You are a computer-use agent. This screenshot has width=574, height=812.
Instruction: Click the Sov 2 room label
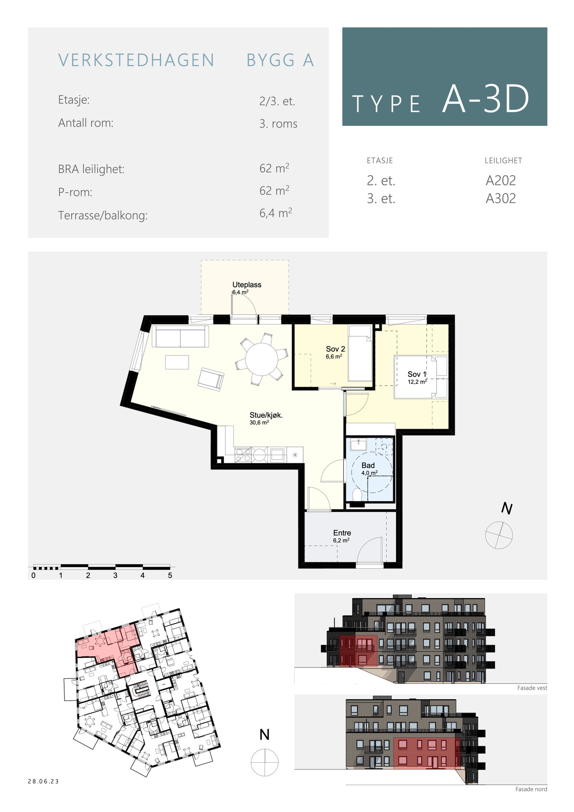tap(335, 349)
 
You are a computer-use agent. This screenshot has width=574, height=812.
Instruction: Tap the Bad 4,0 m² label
tap(368, 468)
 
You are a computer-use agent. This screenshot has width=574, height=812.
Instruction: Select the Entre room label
tap(342, 533)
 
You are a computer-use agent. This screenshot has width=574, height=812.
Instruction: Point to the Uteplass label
tap(246, 285)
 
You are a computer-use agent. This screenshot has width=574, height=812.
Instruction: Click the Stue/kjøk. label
tap(266, 415)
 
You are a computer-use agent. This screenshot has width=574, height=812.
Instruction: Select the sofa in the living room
tap(180, 336)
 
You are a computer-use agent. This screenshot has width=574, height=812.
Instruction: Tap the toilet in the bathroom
tap(357, 494)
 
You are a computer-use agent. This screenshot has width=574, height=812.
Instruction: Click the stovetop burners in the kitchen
tap(243, 455)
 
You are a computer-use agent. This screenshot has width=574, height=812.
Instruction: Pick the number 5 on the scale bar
tap(170, 576)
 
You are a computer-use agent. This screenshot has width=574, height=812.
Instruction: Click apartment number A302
tap(500, 198)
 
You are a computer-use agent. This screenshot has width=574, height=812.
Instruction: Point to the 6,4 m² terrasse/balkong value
tap(276, 213)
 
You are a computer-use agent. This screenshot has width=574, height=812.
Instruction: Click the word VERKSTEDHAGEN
tap(136, 60)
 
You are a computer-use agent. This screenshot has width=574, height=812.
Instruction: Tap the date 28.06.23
tap(43, 782)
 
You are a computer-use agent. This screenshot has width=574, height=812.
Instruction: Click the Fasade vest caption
tap(532, 688)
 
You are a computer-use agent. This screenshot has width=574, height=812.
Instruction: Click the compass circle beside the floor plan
tap(499, 535)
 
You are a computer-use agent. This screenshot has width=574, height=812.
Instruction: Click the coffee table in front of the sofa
tap(177, 362)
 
